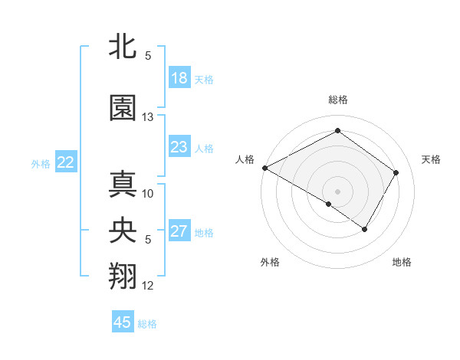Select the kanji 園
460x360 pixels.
coord(123,108)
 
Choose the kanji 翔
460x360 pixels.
coord(123,277)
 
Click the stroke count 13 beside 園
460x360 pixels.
coord(148,117)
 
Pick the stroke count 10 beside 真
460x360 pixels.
coord(148,193)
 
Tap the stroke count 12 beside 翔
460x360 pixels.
coord(148,286)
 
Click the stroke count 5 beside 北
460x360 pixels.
coord(148,56)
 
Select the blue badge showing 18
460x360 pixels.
coord(179,78)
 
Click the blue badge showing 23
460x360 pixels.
coord(179,147)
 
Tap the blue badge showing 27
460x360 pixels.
coord(179,231)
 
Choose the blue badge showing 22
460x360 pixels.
coord(66,162)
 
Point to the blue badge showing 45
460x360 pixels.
coord(123,322)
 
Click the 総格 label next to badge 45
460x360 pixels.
coord(147,324)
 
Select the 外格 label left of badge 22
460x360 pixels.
coord(41,163)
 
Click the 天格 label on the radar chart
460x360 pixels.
coord(432,159)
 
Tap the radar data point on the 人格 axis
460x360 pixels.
coord(264,168)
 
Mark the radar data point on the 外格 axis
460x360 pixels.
coord(329,205)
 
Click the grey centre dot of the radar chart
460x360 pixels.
coord(337,191)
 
